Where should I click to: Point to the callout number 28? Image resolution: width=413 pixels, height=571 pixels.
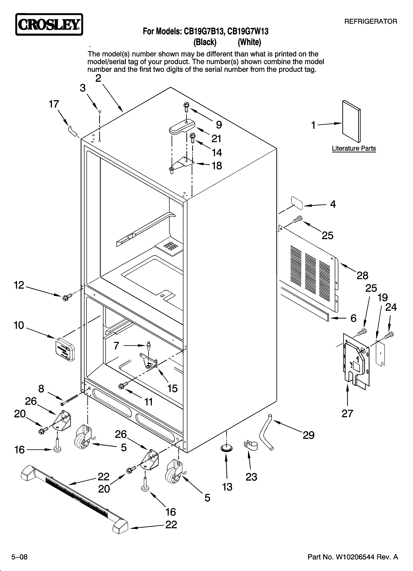362,276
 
